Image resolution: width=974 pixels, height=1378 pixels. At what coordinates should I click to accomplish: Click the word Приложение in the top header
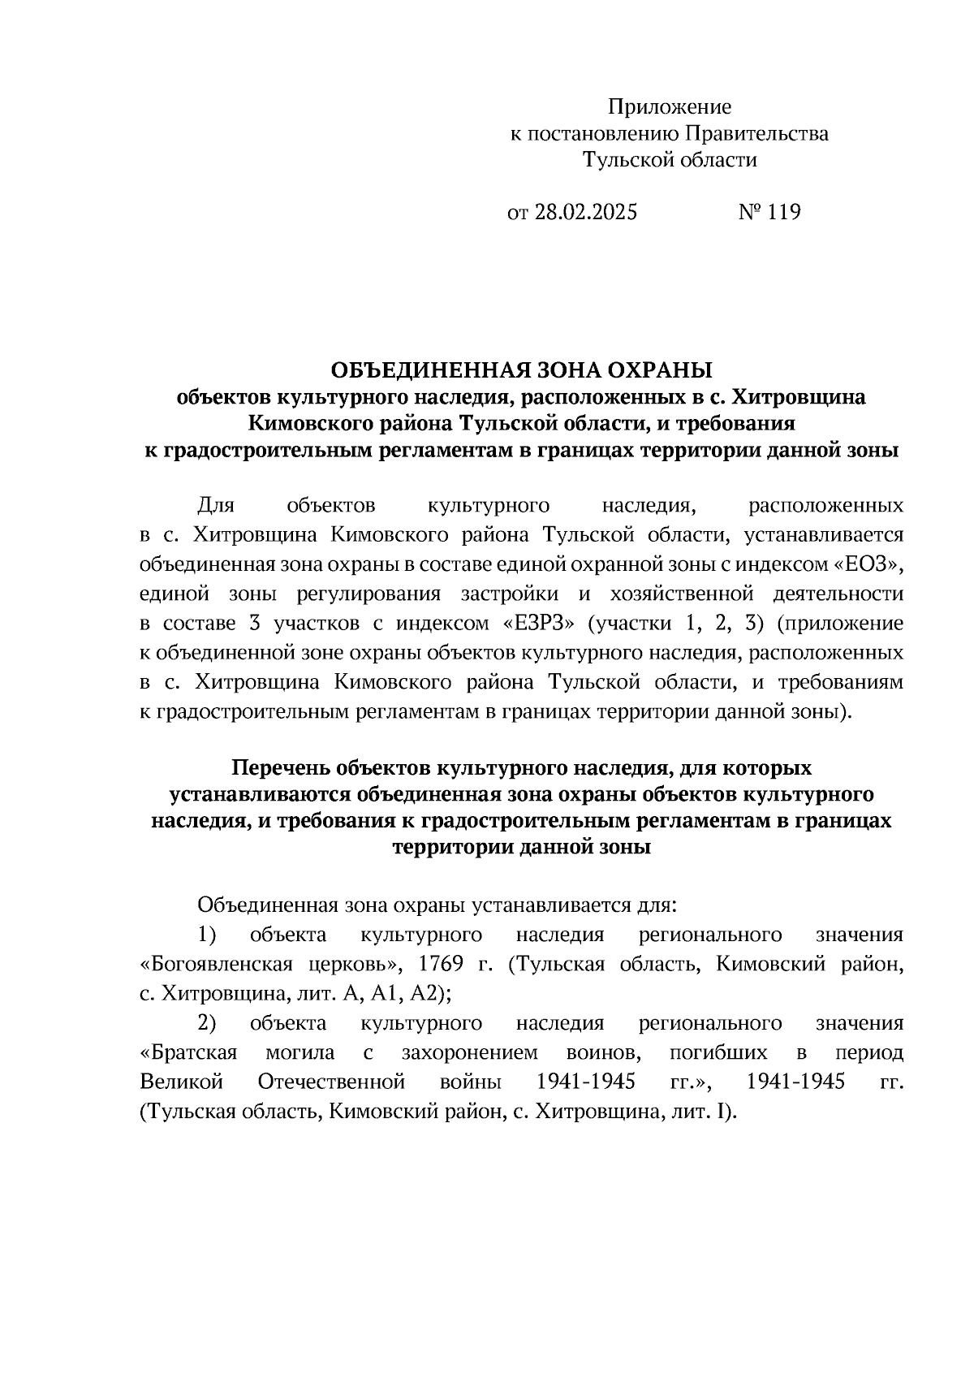(670, 107)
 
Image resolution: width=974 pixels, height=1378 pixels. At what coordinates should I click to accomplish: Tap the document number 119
(782, 213)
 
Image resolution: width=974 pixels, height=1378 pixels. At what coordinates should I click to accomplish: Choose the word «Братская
(188, 1053)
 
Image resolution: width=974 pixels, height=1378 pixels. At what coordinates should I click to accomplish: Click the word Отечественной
(331, 1082)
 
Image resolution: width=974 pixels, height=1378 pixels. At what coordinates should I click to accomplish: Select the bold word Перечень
(280, 767)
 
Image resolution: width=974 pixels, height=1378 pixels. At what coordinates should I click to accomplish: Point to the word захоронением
(469, 1053)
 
